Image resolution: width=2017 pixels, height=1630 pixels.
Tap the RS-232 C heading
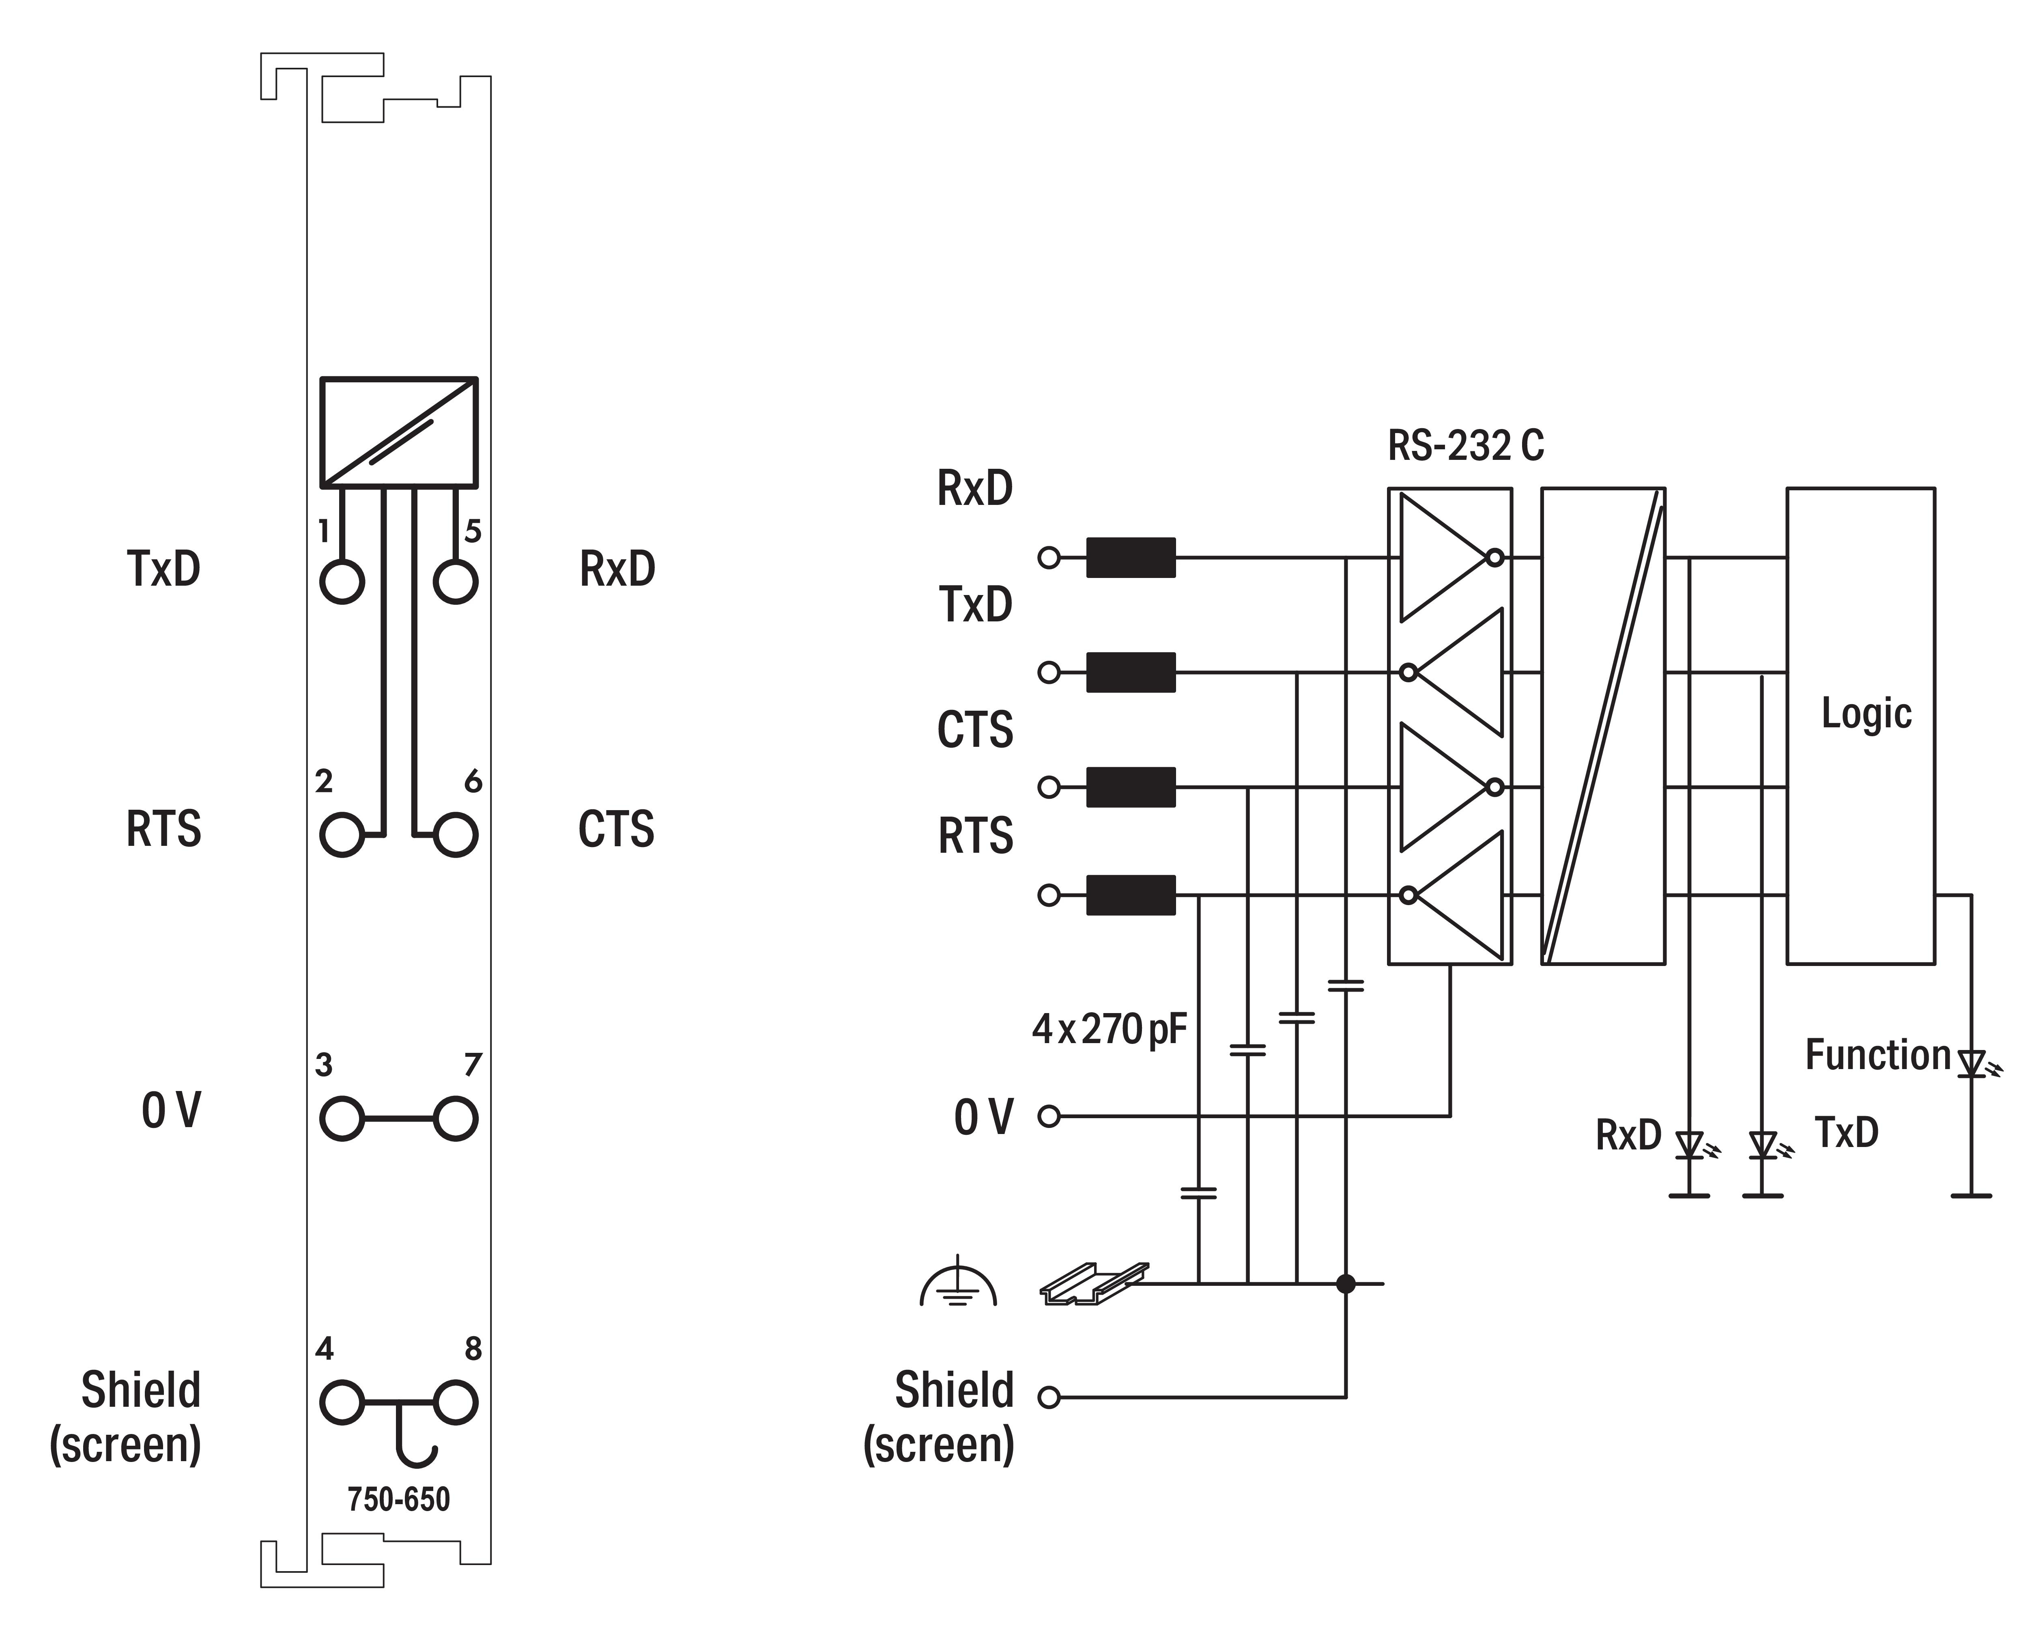1465,446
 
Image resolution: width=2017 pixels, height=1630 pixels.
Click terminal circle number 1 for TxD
342,582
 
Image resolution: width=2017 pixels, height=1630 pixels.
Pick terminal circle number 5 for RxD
455,582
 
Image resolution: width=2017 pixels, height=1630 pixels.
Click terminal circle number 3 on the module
342,1118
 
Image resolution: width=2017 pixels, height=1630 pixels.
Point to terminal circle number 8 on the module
455,1403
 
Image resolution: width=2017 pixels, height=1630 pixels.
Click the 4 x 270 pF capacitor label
1110,1029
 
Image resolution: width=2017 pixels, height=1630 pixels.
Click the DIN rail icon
1093,1283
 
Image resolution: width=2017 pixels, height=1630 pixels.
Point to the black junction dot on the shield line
1346,1283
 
